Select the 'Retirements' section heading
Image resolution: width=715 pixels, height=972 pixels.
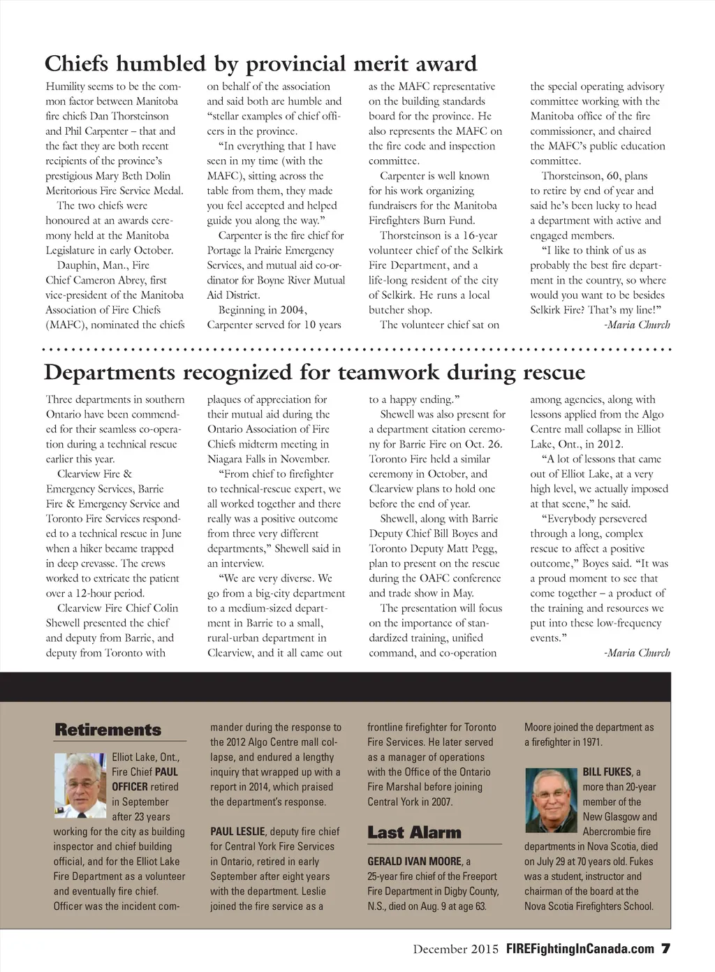pos(108,730)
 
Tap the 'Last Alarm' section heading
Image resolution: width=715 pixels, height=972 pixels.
pos(414,832)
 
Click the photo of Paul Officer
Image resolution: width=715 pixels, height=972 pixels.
pos(80,785)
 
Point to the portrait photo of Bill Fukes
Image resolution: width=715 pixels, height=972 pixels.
pos(551,800)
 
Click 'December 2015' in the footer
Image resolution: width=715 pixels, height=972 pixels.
pos(455,949)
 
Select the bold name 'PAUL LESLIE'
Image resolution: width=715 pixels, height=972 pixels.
pos(237,832)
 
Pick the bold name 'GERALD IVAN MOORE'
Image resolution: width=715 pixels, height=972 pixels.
pos(415,862)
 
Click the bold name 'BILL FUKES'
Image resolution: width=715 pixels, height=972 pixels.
pos(607,772)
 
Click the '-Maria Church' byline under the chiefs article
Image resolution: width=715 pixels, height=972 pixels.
pos(636,325)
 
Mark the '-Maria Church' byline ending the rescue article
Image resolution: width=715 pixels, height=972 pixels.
pos(636,653)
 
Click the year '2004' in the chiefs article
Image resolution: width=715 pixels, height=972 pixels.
pos(293,310)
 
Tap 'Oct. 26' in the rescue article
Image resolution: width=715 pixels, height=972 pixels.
pos(485,444)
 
